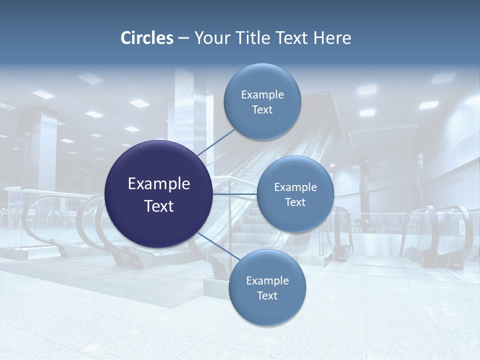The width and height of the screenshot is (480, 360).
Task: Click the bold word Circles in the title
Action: pyautogui.click(x=147, y=38)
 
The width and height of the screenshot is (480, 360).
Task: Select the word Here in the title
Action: pyautogui.click(x=332, y=38)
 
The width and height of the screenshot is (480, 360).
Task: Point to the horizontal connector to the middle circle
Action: pyautogui.click(x=235, y=194)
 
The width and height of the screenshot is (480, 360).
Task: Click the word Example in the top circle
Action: pyautogui.click(x=262, y=95)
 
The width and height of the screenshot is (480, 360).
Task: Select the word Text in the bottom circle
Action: pyautogui.click(x=267, y=296)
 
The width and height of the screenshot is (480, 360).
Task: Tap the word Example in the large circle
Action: pyautogui.click(x=159, y=184)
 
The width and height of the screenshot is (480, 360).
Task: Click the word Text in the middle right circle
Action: pyautogui.click(x=295, y=202)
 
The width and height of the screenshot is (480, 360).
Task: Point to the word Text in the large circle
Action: pyautogui.click(x=159, y=206)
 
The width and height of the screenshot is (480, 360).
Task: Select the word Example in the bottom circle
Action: pyautogui.click(x=267, y=281)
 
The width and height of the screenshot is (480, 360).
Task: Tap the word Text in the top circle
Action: pyautogui.click(x=262, y=110)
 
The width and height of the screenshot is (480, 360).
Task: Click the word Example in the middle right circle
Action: pyautogui.click(x=295, y=187)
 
